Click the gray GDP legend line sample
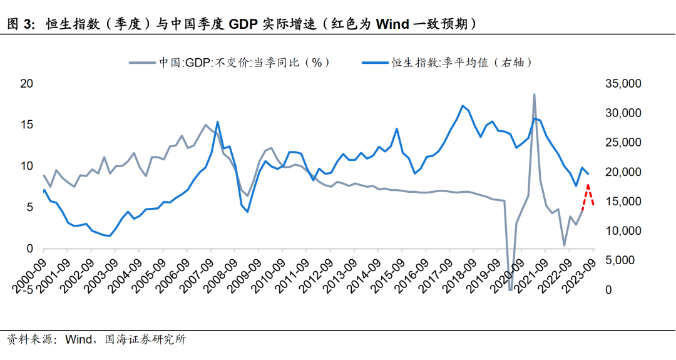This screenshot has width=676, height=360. pos(141,63)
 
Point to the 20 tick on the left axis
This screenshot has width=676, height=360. pos(27,84)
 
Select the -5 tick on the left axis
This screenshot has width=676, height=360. pos(28,291)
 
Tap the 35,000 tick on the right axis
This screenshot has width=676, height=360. pos(622,84)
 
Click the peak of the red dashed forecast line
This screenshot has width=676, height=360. pos(588,185)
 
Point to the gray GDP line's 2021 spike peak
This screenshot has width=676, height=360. pos(534,95)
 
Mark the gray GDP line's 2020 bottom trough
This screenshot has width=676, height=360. pos(510,289)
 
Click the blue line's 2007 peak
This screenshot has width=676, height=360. pos(217,122)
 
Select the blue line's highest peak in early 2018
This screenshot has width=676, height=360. pos(462,106)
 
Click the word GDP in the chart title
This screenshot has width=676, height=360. pos(243,24)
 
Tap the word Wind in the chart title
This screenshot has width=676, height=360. pos(392,24)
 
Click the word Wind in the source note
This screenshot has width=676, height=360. pos(79,340)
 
